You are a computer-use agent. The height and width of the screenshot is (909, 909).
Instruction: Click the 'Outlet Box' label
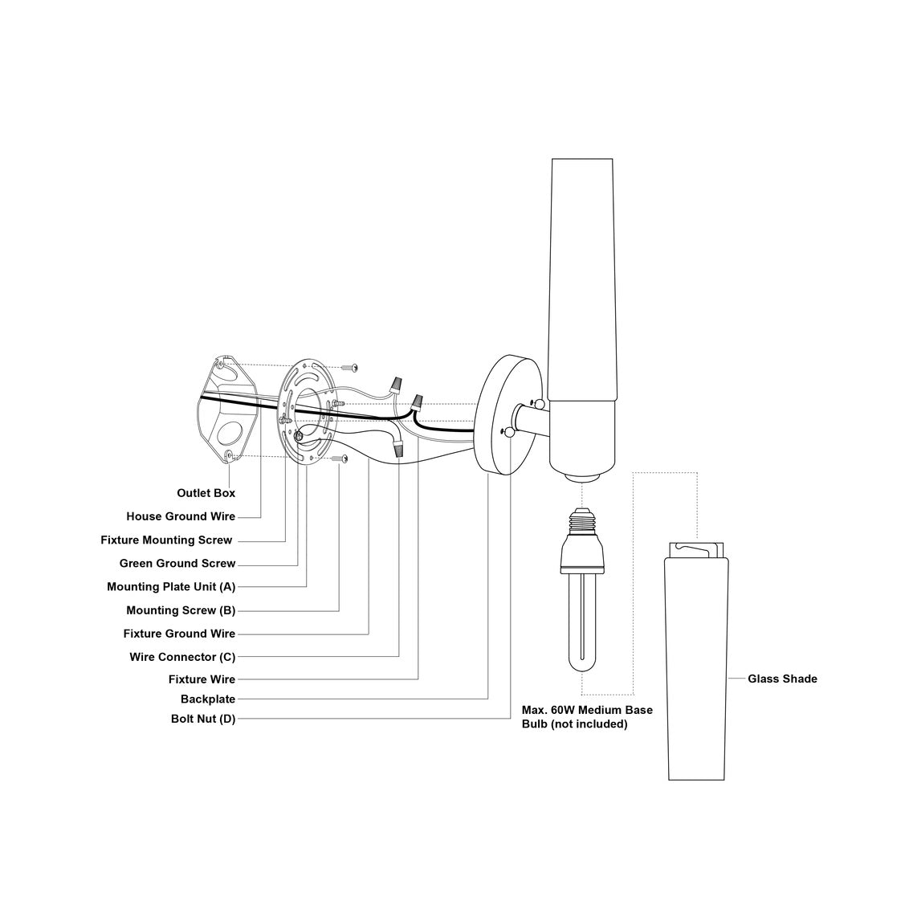pyautogui.click(x=206, y=493)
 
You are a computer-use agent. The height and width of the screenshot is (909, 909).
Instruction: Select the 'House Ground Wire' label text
pyautogui.click(x=181, y=516)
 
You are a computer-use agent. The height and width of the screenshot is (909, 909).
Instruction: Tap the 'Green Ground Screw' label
pyautogui.click(x=177, y=564)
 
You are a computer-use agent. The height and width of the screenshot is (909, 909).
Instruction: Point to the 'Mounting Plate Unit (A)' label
pyautogui.click(x=171, y=587)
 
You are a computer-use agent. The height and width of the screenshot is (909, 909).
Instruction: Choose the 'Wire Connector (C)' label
pyautogui.click(x=182, y=657)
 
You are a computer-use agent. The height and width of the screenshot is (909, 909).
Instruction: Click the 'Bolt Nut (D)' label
pyautogui.click(x=203, y=719)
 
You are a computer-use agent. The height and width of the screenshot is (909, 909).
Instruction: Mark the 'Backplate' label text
pyautogui.click(x=208, y=699)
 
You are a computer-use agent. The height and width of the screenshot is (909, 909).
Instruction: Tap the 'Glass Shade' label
pyautogui.click(x=782, y=679)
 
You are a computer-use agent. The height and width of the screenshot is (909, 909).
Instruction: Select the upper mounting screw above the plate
pyautogui.click(x=349, y=367)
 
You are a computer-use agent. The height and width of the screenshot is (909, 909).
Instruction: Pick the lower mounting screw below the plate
pyautogui.click(x=340, y=459)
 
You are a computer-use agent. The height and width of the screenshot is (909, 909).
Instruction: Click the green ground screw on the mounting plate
pyautogui.click(x=300, y=435)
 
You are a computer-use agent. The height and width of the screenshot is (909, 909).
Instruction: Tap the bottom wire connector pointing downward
pyautogui.click(x=397, y=450)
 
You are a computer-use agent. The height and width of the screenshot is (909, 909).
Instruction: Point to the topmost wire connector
pyautogui.click(x=397, y=384)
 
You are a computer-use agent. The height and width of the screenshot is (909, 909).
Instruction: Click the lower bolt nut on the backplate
pyautogui.click(x=509, y=430)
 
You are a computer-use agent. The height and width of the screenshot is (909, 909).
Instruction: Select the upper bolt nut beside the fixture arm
pyautogui.click(x=539, y=402)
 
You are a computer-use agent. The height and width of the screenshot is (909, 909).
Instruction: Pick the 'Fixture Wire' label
pyautogui.click(x=202, y=679)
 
